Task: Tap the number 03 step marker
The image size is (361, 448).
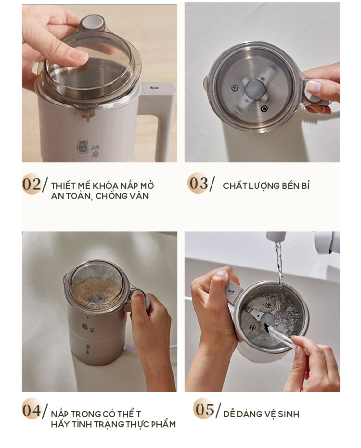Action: (x=198, y=183)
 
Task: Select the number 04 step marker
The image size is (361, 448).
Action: (x=31, y=411)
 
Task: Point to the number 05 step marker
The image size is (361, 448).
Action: (x=205, y=409)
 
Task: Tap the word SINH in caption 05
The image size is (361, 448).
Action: (x=288, y=414)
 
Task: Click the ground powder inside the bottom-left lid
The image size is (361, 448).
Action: (x=95, y=290)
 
